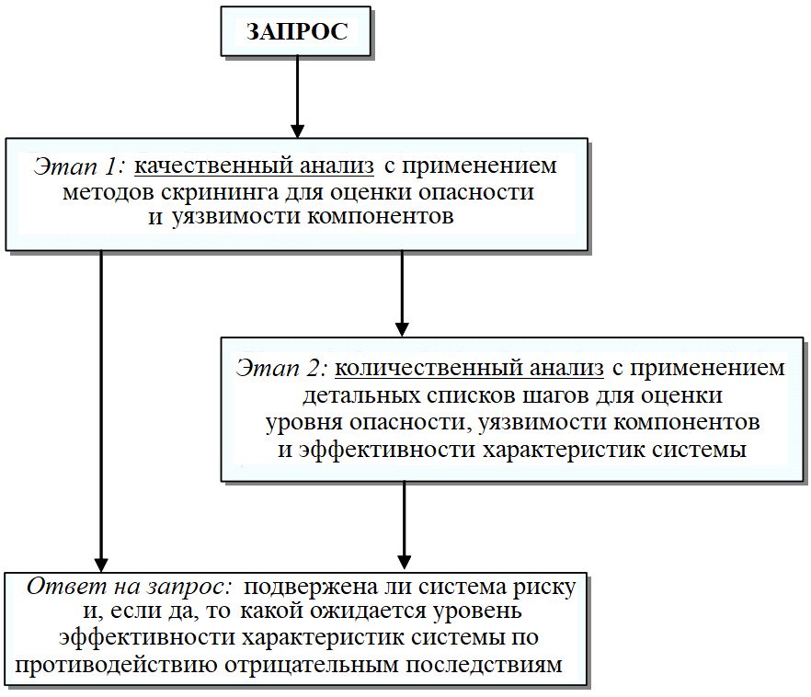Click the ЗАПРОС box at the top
pyautogui.click(x=296, y=32)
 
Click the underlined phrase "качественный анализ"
pyautogui.click(x=255, y=166)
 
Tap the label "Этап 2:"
pyautogui.click(x=281, y=369)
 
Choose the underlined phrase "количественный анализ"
pyautogui.click(x=469, y=369)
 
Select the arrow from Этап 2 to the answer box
pyautogui.click(x=403, y=524)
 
